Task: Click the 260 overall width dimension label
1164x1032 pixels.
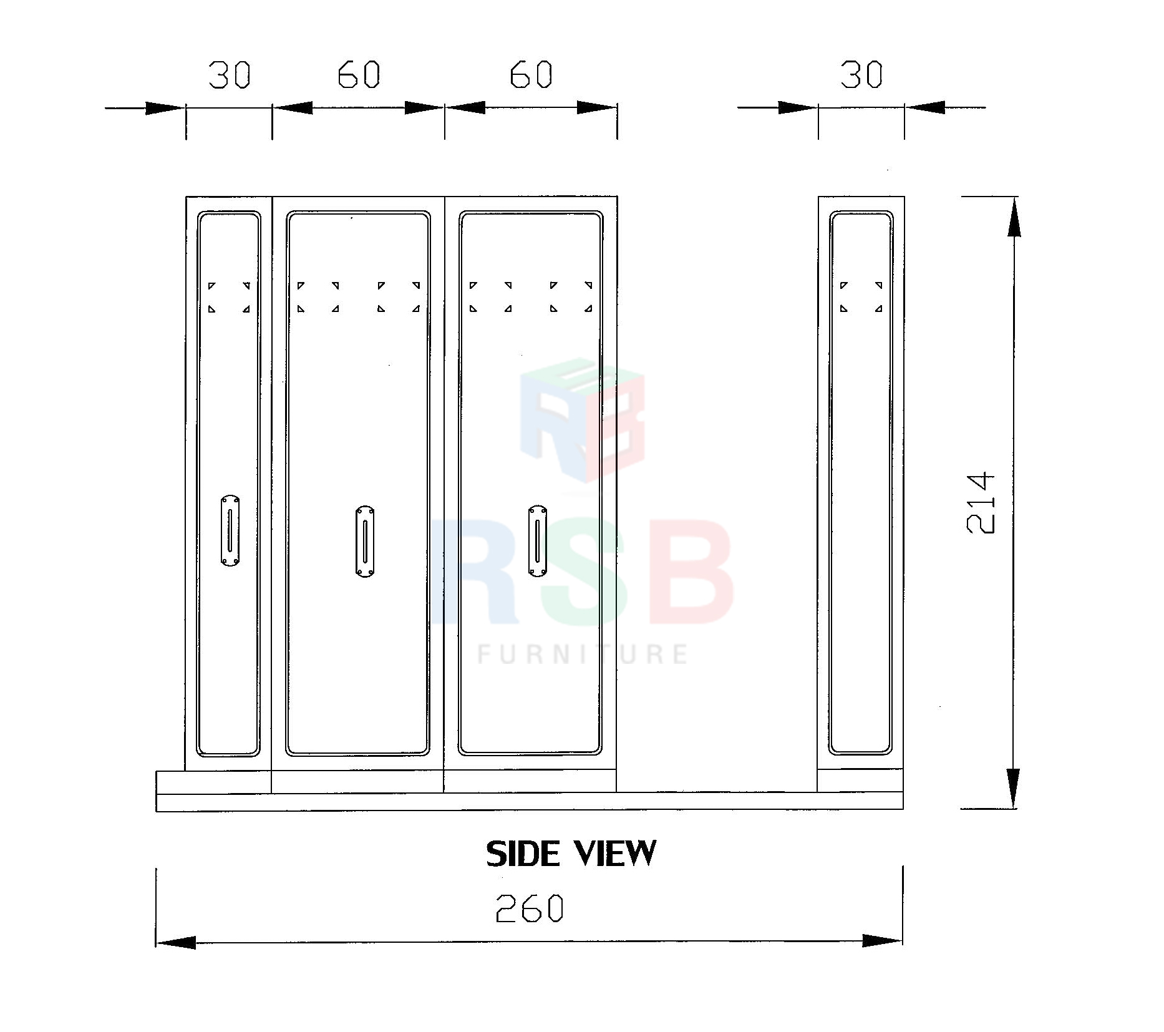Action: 530,908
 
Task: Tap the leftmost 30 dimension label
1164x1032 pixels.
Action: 229,75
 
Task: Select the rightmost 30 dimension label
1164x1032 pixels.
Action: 861,74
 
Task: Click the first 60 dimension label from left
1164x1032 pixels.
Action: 359,75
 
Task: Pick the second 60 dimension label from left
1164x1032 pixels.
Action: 531,75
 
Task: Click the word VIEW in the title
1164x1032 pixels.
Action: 615,854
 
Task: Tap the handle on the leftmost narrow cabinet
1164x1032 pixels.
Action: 230,531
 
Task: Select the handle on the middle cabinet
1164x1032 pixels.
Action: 365,541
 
